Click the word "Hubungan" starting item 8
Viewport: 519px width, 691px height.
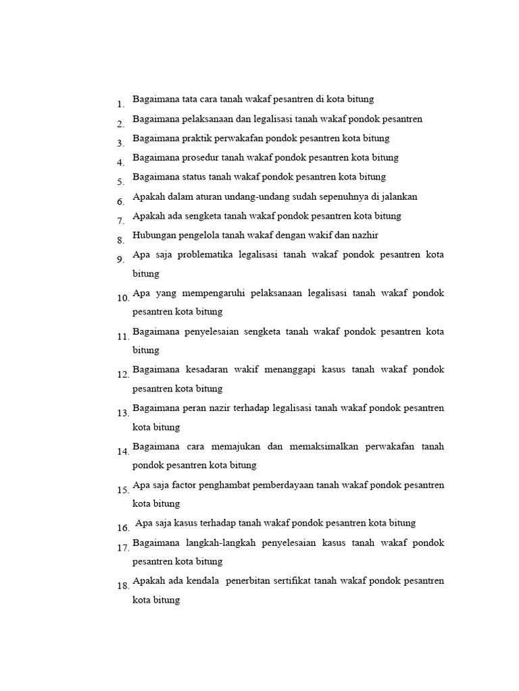pyautogui.click(x=153, y=236)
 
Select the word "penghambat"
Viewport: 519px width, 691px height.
pyautogui.click(x=228, y=485)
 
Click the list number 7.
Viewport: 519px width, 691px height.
pyautogui.click(x=120, y=221)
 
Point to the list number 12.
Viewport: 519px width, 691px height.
pyautogui.click(x=122, y=375)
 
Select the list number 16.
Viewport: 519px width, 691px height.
pyautogui.click(x=122, y=528)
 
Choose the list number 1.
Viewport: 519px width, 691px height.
pyautogui.click(x=120, y=105)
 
